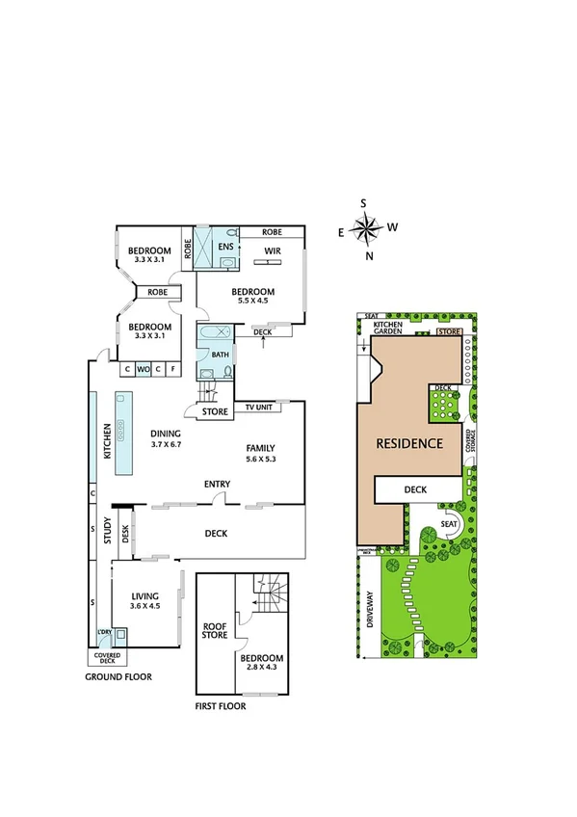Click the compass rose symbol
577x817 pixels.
(366, 229)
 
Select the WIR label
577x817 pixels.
(273, 253)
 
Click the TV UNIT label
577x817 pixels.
(257, 408)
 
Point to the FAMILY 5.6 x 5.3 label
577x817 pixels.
(260, 454)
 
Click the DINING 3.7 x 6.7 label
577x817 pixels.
(167, 438)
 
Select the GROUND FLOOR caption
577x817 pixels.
(118, 676)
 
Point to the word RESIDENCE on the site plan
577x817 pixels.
(409, 444)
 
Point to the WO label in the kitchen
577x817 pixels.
(142, 368)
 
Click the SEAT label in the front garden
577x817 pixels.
(449, 524)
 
